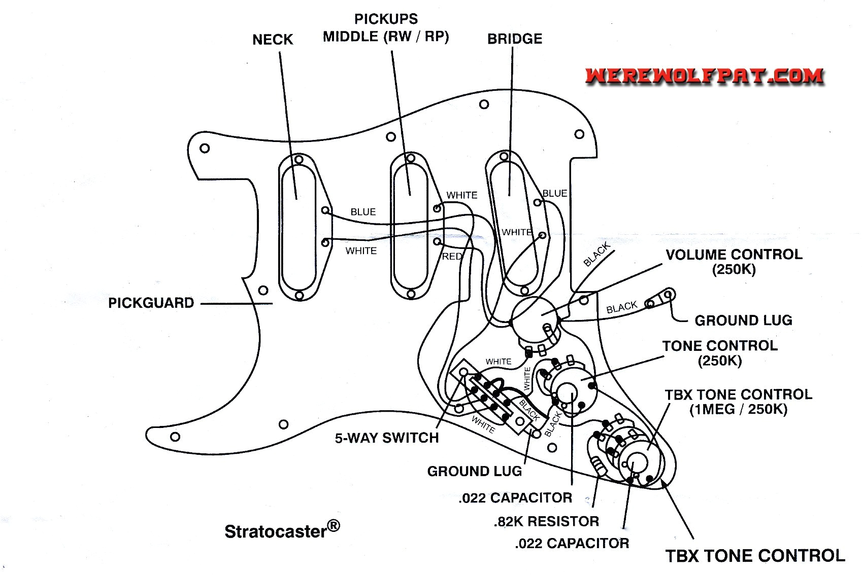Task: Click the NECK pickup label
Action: point(273,40)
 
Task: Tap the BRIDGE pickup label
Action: point(514,39)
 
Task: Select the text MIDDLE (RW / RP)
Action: point(386,37)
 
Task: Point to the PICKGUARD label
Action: point(151,303)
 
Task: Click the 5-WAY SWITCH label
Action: point(386,438)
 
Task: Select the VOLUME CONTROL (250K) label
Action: point(734,261)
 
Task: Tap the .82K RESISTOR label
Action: point(546,521)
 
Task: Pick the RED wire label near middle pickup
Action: point(452,257)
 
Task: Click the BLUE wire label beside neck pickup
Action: point(363,212)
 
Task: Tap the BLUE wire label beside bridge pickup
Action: point(554,194)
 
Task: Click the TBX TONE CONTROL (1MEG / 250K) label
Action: point(738,402)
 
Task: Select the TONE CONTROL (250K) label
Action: point(719,353)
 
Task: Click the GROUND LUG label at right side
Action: point(743,320)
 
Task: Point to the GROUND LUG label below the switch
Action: point(474,472)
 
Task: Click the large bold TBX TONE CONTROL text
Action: point(755,556)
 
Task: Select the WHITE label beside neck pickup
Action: point(361,251)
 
